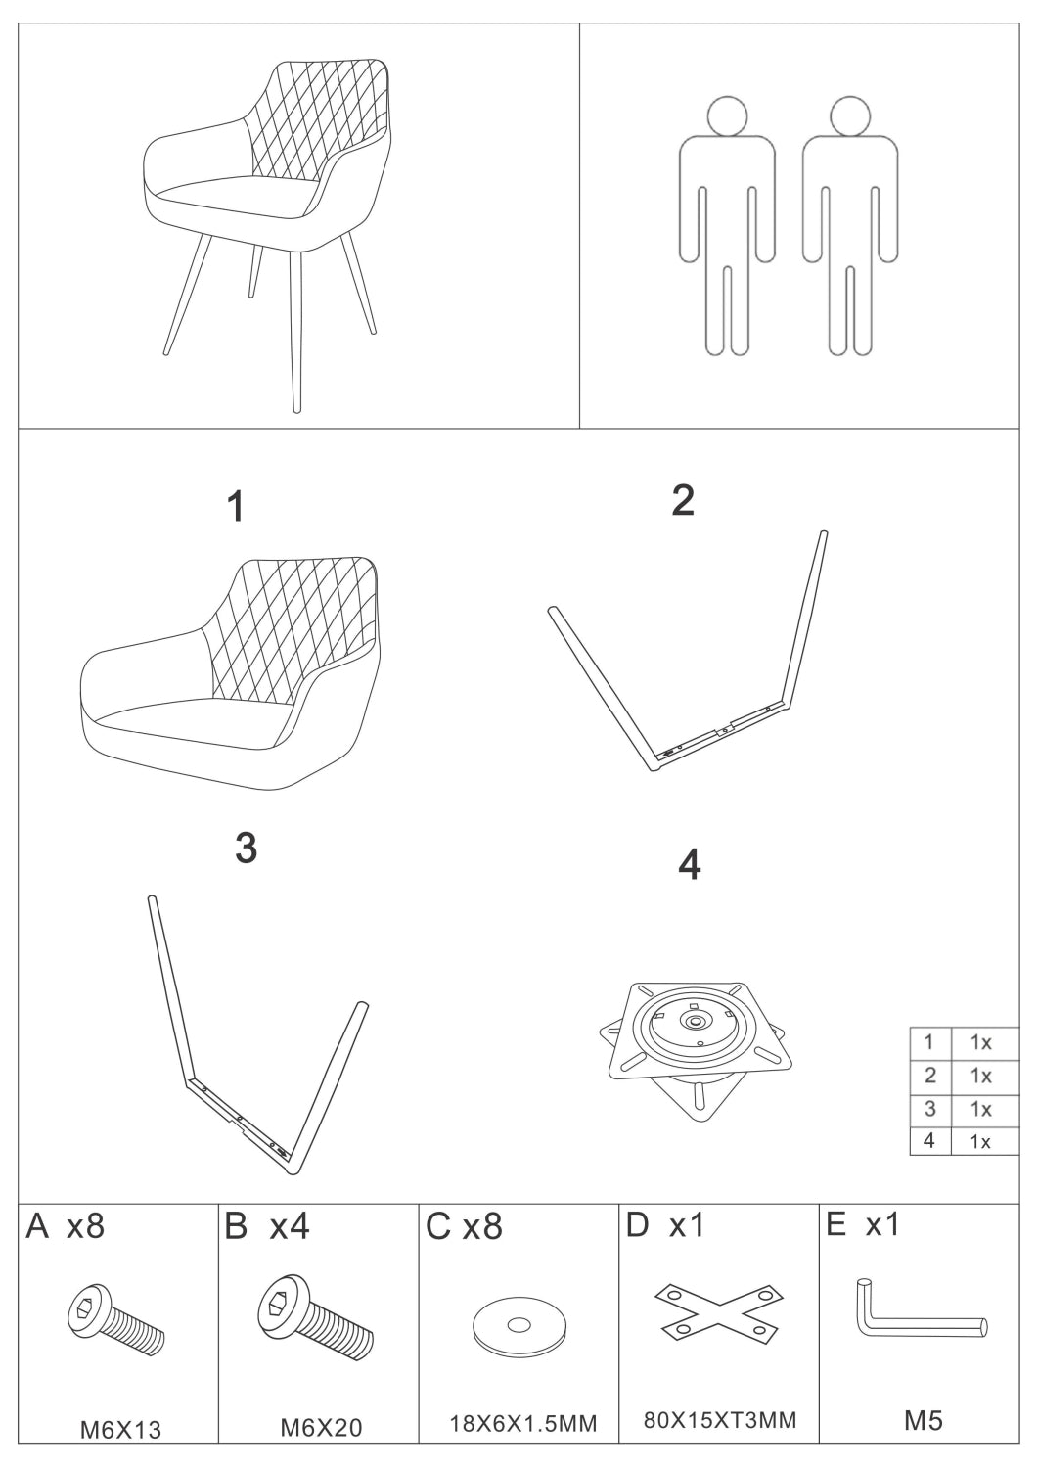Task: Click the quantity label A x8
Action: point(65,1225)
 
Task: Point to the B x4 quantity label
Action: point(267,1225)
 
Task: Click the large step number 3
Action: point(246,849)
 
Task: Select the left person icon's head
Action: point(728,116)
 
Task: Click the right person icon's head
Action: point(850,116)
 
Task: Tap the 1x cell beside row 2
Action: point(980,1076)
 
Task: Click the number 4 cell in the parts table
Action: point(929,1140)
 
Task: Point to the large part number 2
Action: point(683,500)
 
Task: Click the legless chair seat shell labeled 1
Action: point(230,673)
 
